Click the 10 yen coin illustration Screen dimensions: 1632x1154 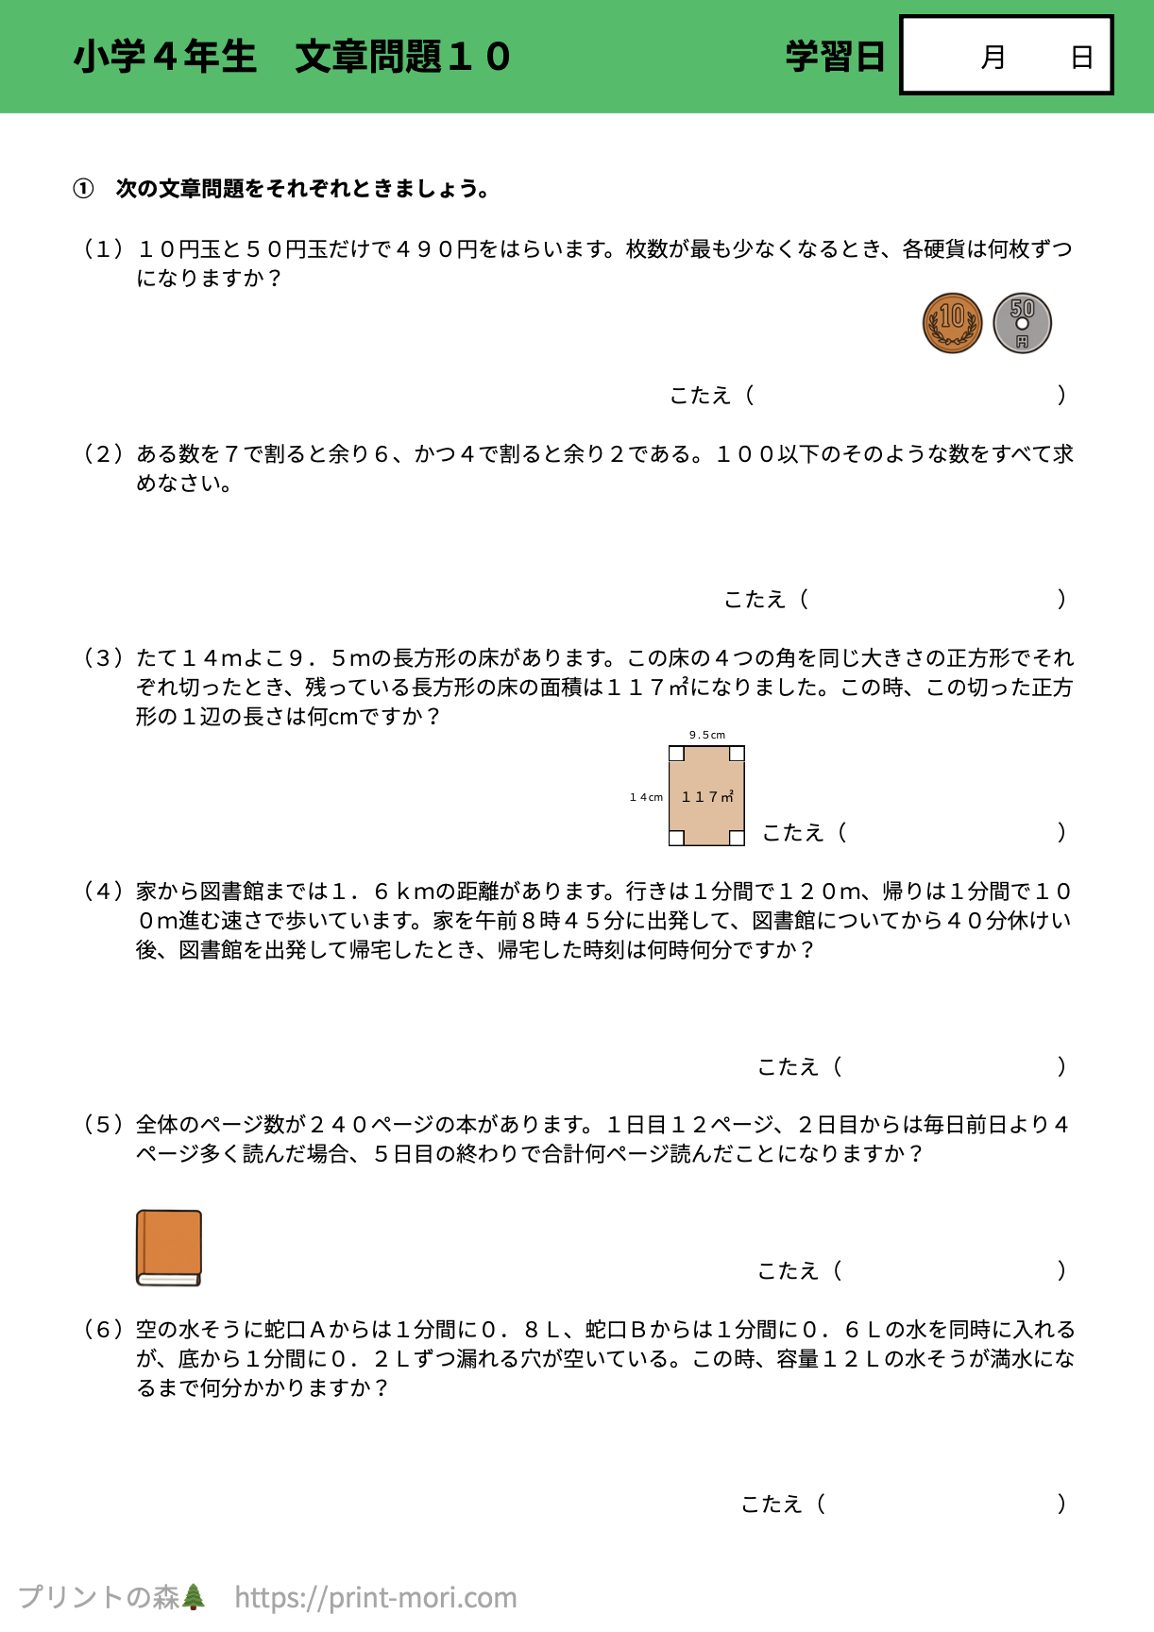[952, 323]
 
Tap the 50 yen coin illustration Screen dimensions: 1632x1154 [1022, 323]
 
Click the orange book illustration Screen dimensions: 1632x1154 [169, 1248]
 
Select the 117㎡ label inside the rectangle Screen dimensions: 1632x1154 [707, 797]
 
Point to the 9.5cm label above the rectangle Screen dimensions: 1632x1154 [707, 735]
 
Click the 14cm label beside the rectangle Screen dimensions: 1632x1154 [647, 797]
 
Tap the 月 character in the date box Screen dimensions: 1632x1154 [993, 58]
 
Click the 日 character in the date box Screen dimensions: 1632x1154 [1081, 58]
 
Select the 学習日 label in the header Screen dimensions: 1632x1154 [835, 57]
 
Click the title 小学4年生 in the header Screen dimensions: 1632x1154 [165, 57]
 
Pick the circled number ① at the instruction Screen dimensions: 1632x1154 [83, 189]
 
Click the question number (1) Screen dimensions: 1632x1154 [103, 249]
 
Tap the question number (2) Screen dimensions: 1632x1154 [103, 454]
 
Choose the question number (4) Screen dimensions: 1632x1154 [103, 892]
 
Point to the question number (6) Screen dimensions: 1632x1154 [103, 1330]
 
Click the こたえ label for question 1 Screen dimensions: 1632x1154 [700, 396]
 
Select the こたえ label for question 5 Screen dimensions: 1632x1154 [788, 1271]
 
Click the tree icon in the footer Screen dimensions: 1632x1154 [194, 1597]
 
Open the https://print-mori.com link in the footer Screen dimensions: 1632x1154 [376, 1597]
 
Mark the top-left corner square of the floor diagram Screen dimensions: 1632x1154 [676, 754]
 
